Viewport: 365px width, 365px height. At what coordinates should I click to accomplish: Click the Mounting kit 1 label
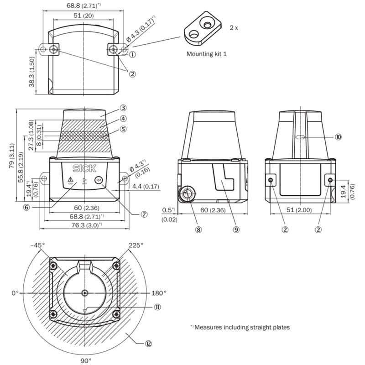(x=206, y=54)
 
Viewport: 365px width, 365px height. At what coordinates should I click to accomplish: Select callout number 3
(x=123, y=108)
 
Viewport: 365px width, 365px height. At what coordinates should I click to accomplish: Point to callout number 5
(x=123, y=129)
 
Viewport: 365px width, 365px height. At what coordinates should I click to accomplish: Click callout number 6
(x=27, y=207)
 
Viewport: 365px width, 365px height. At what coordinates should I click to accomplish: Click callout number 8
(x=198, y=229)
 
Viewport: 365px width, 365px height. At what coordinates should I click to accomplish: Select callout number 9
(x=236, y=229)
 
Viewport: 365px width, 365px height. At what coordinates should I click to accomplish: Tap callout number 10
(x=338, y=136)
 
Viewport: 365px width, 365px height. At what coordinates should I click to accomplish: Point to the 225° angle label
(x=136, y=245)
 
